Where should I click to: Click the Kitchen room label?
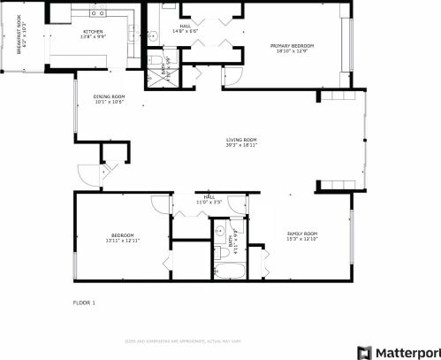tap(92, 34)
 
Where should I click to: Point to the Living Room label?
tap(240, 142)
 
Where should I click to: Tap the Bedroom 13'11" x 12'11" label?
tap(123, 238)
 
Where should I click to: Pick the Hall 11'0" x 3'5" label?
tap(210, 200)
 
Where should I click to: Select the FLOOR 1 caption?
tap(84, 303)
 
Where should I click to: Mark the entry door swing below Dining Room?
tap(87, 171)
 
